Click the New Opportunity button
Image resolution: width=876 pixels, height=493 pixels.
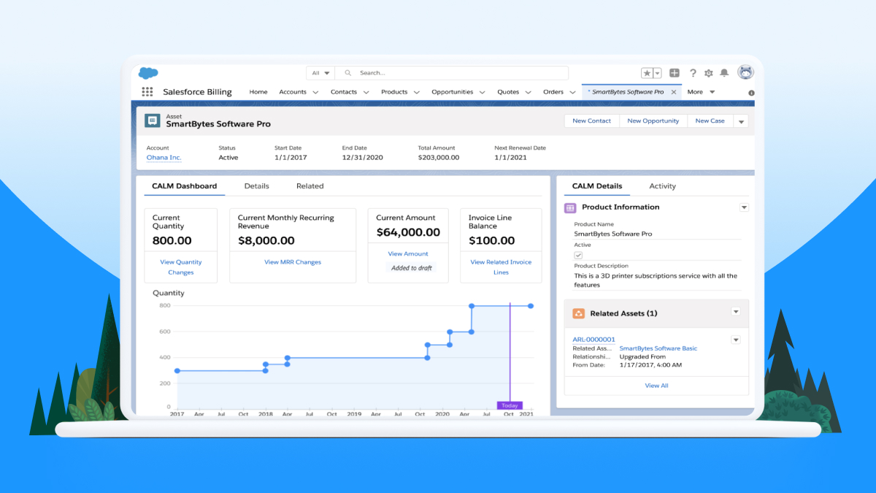[x=653, y=121]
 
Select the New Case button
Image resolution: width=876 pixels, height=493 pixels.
[x=710, y=121]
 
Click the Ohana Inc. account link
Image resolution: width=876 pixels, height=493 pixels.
[x=164, y=158]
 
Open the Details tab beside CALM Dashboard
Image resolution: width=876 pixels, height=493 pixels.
[x=256, y=186]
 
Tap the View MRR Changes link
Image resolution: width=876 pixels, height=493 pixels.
[x=292, y=262]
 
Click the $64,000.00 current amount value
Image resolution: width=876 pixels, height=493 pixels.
[x=408, y=232]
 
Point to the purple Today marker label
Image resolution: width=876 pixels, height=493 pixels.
[x=509, y=405]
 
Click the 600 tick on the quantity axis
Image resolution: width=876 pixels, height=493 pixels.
[x=165, y=332]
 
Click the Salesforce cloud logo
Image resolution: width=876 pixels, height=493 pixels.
[x=148, y=73]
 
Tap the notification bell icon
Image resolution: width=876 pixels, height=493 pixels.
[x=724, y=73]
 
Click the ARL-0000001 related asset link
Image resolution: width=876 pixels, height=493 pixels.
[x=593, y=340]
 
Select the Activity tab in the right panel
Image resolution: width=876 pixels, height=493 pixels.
[x=662, y=186]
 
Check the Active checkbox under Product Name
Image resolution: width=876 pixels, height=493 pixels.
[x=578, y=255]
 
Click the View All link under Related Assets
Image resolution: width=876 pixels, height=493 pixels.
[x=656, y=386]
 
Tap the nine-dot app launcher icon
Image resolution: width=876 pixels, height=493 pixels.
[x=147, y=92]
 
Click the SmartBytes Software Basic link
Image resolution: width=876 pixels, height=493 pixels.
[x=658, y=348]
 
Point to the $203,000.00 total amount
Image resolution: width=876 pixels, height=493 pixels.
[x=438, y=158]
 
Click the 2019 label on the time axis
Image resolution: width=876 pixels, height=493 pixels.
[x=354, y=414]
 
